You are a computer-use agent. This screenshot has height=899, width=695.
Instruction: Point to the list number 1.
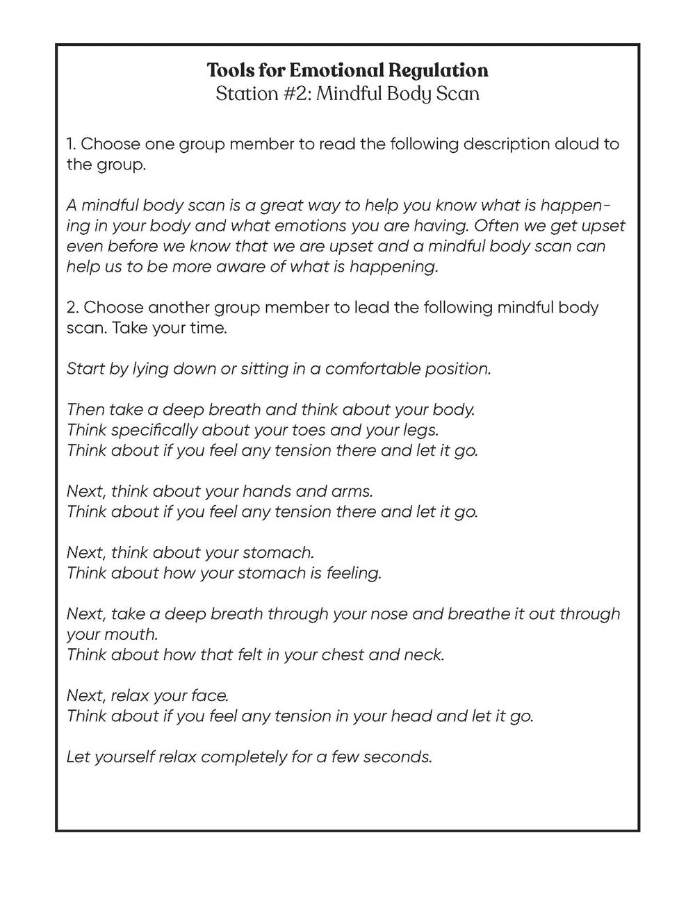pyautogui.click(x=71, y=145)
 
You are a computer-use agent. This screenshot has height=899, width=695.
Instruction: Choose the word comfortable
pyautogui.click(x=370, y=369)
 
